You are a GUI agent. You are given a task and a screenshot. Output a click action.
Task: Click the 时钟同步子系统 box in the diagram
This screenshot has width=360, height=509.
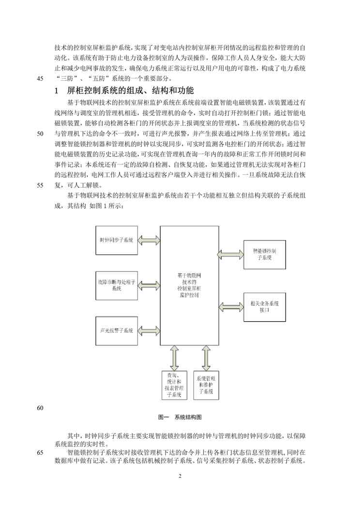coord(117,240)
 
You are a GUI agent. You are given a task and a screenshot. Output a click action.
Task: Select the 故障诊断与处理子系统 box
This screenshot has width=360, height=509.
coord(117,285)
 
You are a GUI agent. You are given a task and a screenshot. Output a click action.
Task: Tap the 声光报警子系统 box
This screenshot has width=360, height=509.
coord(117,330)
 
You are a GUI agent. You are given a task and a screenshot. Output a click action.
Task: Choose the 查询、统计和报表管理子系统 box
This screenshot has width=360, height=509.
coord(174,385)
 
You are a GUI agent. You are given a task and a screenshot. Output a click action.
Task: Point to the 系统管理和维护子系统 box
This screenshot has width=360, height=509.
coord(206,385)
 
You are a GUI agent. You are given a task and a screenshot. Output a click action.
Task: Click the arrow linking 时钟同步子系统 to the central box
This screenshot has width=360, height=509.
coord(149,240)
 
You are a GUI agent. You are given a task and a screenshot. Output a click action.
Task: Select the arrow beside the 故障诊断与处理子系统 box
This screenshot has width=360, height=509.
coord(149,285)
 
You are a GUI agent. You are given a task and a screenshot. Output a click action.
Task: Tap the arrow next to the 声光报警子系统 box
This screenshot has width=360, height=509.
coord(149,330)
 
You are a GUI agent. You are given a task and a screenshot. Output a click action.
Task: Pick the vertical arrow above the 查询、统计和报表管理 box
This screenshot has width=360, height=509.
coord(174,357)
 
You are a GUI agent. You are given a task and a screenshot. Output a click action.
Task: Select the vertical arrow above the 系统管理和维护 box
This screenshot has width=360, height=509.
coord(206,357)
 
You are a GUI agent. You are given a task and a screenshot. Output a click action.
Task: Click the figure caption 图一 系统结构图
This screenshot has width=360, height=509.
coord(180,417)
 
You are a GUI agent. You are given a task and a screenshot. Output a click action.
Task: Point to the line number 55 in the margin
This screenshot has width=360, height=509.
coord(40,185)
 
